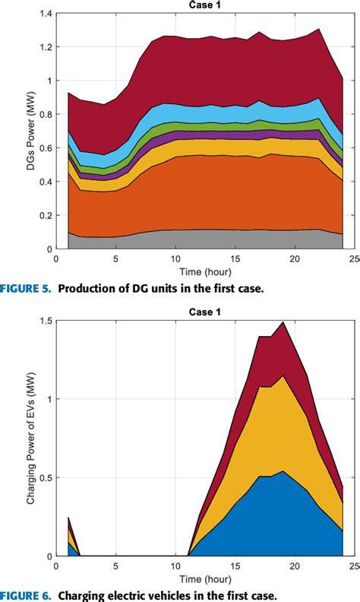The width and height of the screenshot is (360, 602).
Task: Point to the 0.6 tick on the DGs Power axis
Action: (46, 147)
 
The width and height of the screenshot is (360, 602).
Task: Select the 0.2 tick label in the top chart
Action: (46, 215)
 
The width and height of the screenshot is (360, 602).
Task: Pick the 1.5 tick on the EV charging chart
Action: (46, 321)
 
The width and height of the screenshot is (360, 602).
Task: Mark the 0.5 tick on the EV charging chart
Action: (46, 478)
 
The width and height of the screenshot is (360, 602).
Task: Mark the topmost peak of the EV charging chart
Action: (283, 322)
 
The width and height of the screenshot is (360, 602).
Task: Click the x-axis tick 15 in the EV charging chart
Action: (235, 565)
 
